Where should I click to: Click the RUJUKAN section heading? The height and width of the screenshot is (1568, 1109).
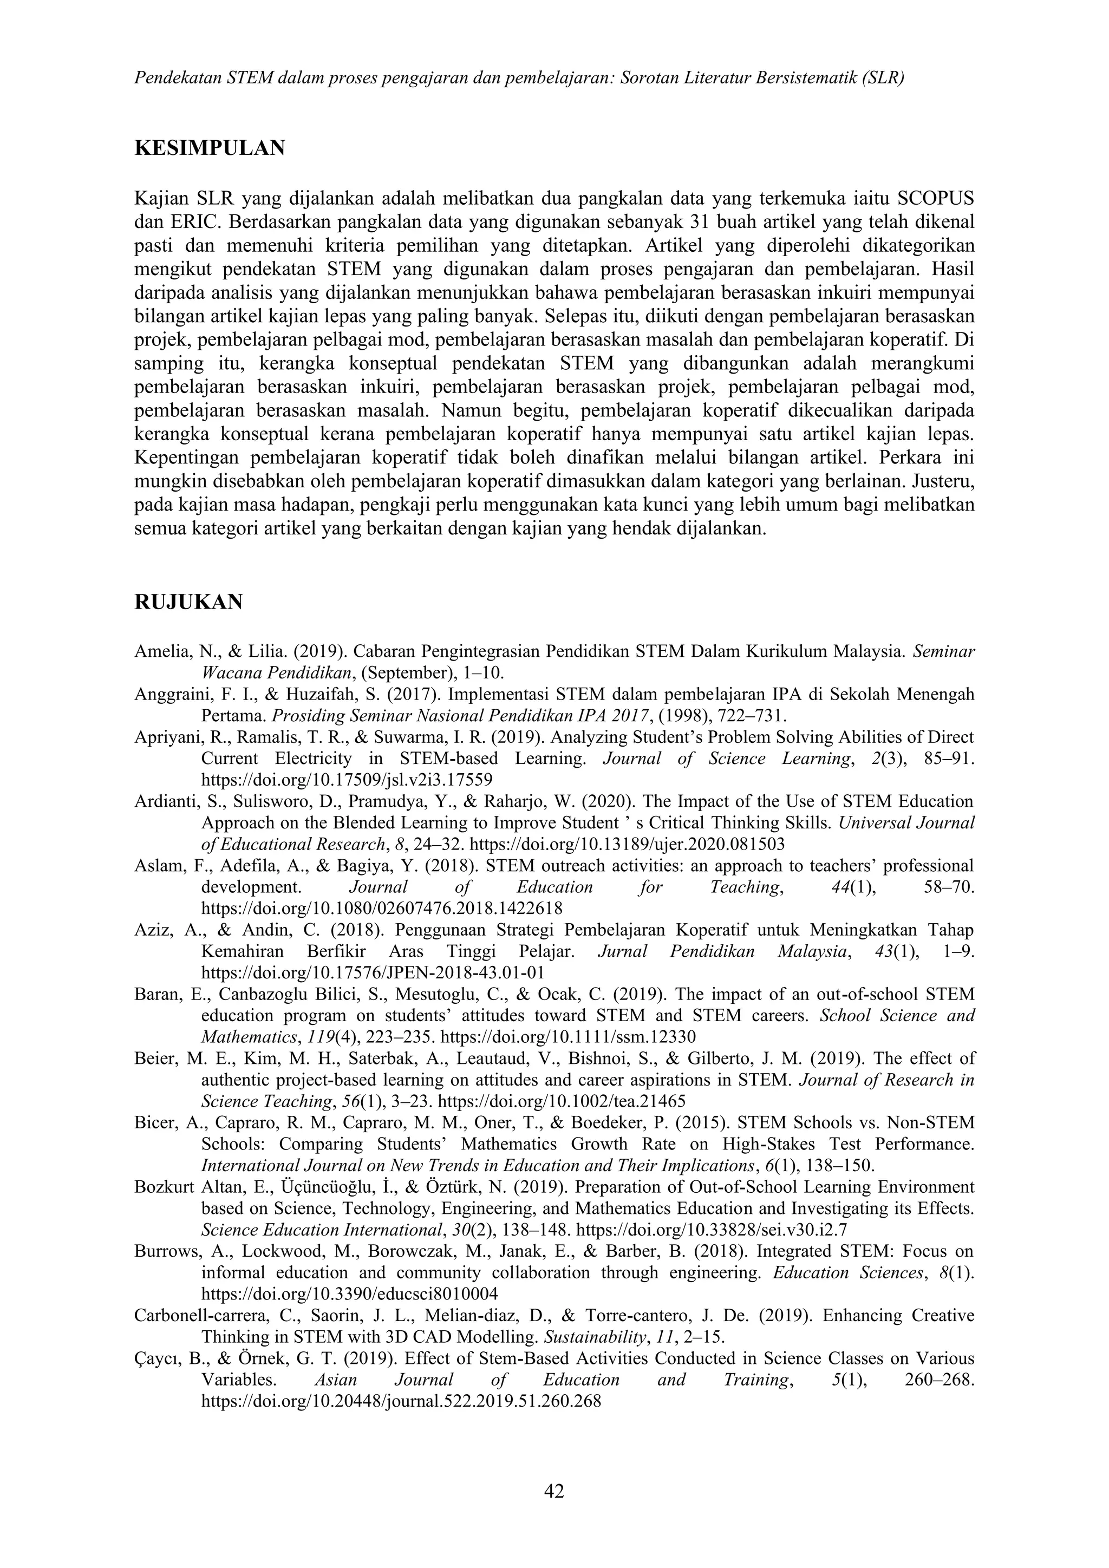click(x=188, y=602)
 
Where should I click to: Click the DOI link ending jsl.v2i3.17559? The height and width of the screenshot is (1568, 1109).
click(x=347, y=780)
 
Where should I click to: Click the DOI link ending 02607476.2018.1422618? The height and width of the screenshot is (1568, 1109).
click(x=382, y=909)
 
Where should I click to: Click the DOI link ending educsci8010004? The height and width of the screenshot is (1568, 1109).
click(x=350, y=1293)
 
